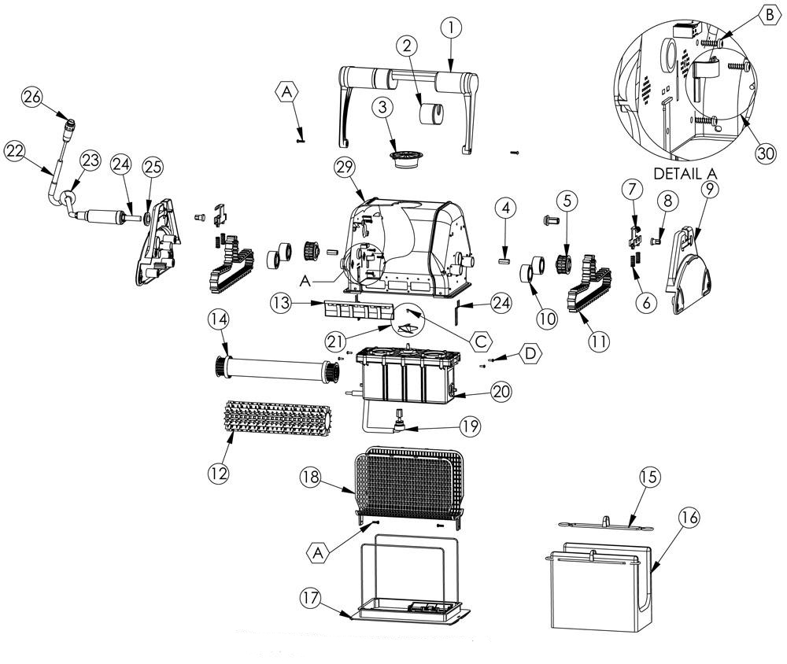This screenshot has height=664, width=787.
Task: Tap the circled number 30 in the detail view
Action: pyautogui.click(x=762, y=154)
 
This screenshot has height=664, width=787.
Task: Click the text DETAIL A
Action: pyautogui.click(x=689, y=172)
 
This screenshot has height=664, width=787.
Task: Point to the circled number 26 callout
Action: pyautogui.click(x=32, y=98)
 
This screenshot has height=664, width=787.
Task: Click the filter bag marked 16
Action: pyautogui.click(x=598, y=590)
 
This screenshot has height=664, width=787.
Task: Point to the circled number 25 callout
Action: pyautogui.click(x=152, y=167)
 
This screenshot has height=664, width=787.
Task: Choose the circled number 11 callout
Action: pyautogui.click(x=599, y=341)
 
